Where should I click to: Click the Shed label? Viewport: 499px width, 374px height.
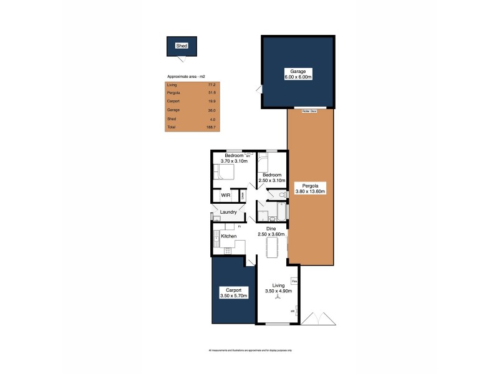(x=182, y=46)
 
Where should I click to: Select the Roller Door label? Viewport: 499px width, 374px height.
(x=309, y=111)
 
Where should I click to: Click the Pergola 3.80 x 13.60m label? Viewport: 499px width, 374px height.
(x=310, y=189)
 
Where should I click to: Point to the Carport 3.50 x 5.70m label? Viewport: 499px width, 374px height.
(x=234, y=292)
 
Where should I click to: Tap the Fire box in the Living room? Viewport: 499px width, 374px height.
(x=294, y=281)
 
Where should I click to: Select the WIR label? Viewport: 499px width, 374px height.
(x=226, y=196)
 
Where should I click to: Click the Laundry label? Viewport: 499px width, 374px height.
(x=228, y=213)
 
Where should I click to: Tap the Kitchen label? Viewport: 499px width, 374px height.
(x=228, y=236)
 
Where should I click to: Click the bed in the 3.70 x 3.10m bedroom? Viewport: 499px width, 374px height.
(x=223, y=172)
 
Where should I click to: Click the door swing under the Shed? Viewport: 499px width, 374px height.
(x=182, y=60)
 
